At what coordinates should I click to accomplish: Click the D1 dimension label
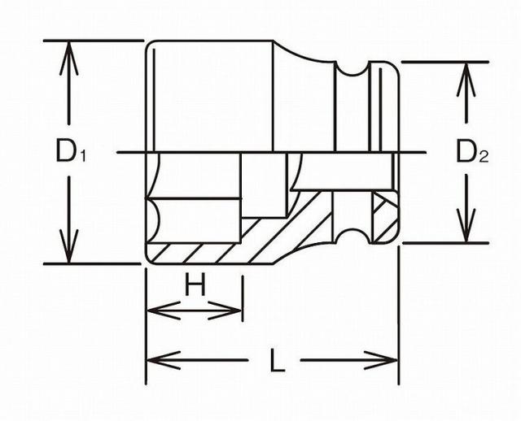(x=71, y=151)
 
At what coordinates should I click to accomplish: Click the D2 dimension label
(x=472, y=151)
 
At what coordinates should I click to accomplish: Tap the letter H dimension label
(x=195, y=284)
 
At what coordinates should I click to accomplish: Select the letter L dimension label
(x=278, y=360)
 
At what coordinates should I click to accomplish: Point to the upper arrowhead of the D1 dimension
(x=68, y=58)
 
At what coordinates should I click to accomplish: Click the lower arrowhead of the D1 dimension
(x=68, y=246)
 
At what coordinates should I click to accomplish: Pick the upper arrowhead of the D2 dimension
(x=466, y=80)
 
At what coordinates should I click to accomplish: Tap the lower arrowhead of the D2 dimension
(x=466, y=225)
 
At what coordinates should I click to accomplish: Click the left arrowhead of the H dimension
(x=164, y=310)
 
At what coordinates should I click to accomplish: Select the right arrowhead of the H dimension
(x=225, y=310)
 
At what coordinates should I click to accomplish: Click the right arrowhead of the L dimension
(x=381, y=360)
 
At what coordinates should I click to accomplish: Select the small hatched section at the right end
(x=385, y=217)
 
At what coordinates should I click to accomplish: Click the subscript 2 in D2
(x=484, y=156)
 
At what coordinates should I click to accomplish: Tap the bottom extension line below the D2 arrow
(x=445, y=243)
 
